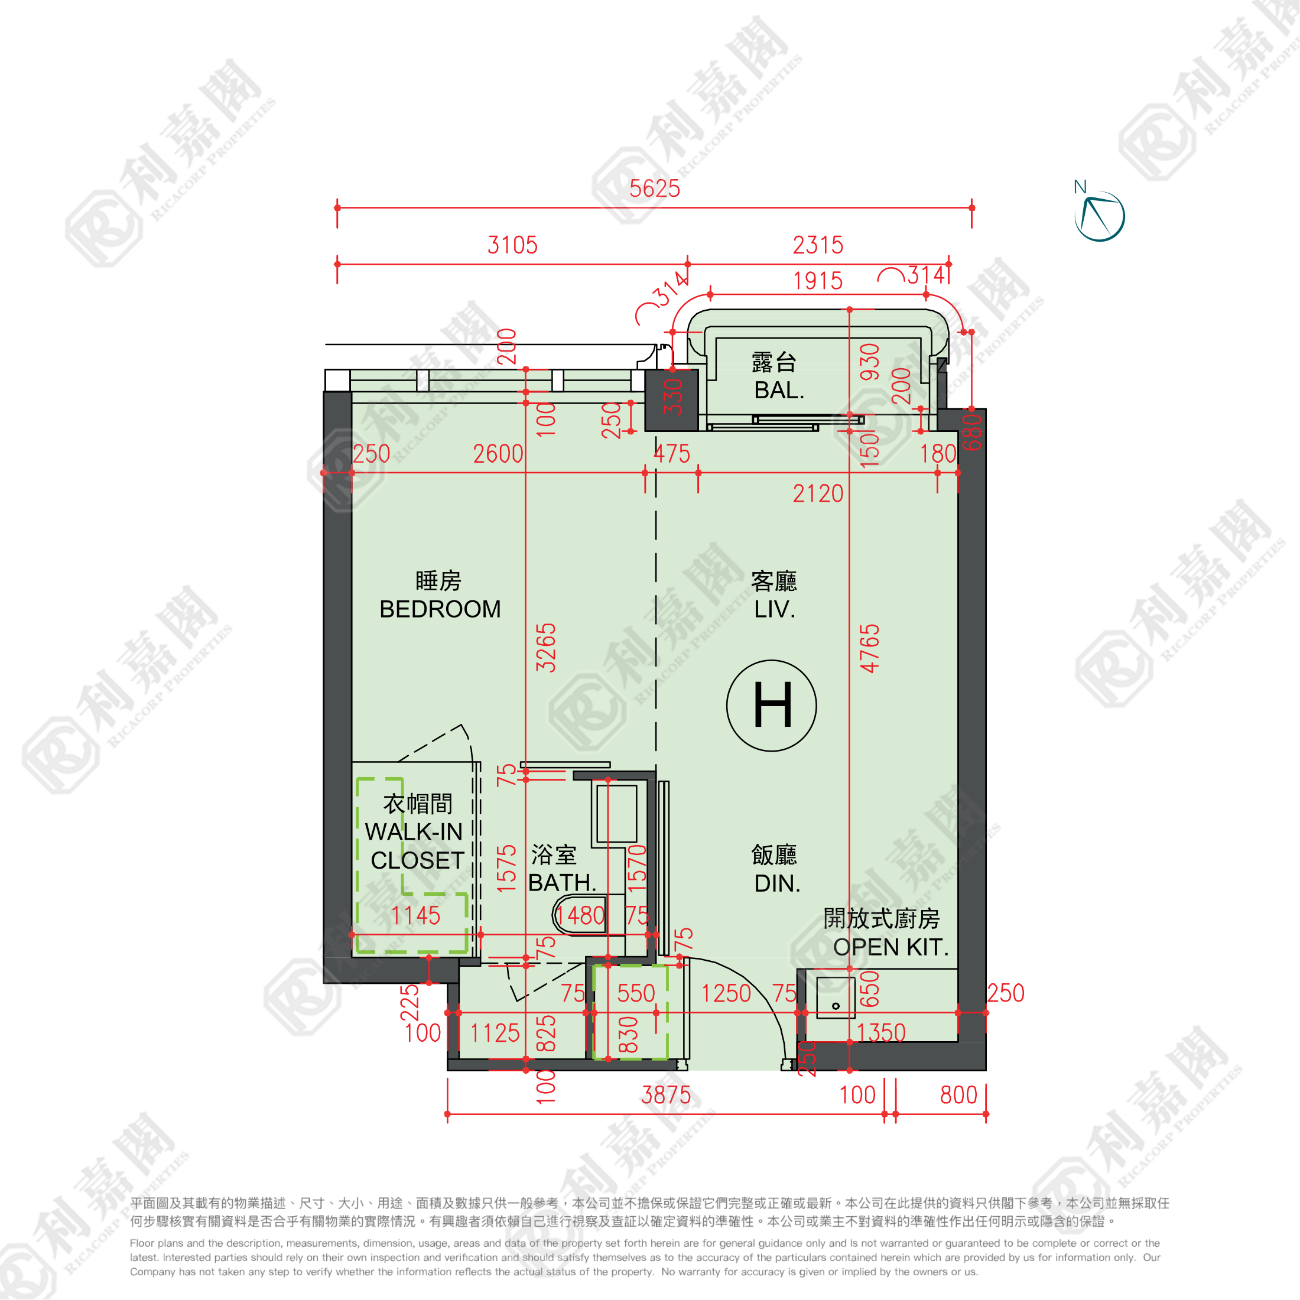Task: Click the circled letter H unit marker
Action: (771, 705)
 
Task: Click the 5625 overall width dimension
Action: (654, 189)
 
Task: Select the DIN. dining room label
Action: (777, 883)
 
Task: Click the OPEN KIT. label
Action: (890, 947)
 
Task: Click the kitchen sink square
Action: (835, 997)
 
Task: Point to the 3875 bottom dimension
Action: (665, 1095)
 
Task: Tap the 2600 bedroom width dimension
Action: (498, 454)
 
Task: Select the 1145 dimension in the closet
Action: (415, 915)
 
